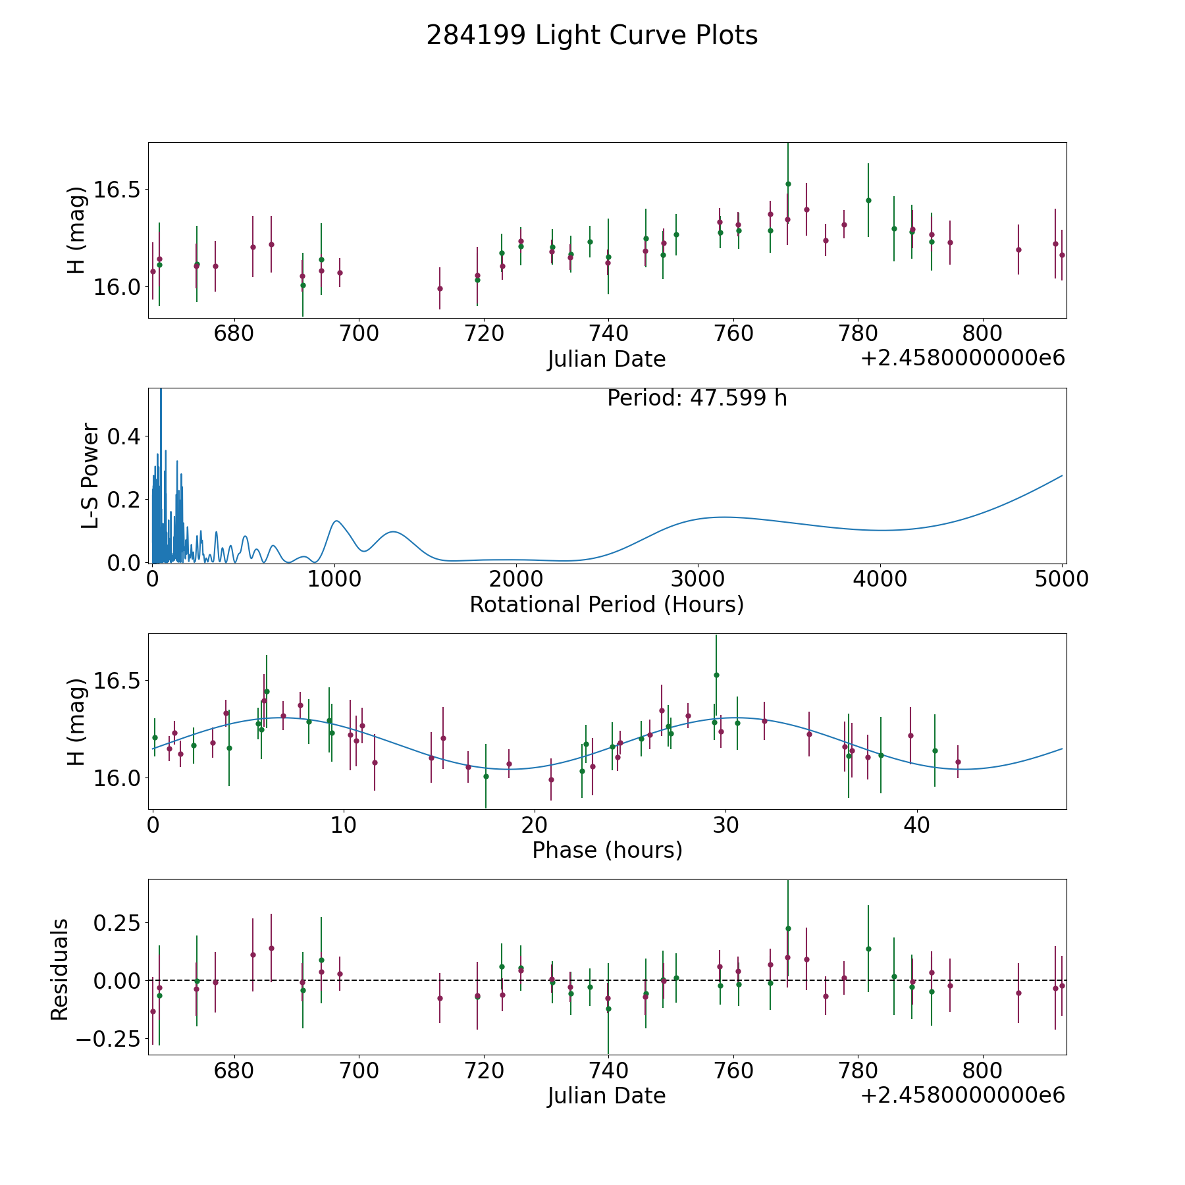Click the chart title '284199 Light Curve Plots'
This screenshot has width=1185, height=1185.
[x=592, y=36]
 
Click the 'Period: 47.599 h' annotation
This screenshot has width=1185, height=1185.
[x=697, y=398]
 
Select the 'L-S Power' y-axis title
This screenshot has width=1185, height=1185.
[x=90, y=475]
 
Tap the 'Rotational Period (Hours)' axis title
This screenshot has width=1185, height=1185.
[x=607, y=604]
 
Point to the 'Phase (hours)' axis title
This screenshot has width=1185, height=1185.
[x=607, y=850]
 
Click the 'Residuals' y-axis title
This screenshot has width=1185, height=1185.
[x=60, y=970]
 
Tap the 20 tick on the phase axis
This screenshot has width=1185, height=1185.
[x=534, y=825]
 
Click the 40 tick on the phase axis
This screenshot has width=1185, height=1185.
[x=915, y=825]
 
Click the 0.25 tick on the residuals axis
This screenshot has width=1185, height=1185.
[x=117, y=923]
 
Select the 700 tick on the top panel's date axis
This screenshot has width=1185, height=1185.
[x=359, y=334]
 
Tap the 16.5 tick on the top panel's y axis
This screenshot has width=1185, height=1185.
[x=117, y=190]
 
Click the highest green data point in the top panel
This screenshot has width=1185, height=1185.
[x=788, y=184]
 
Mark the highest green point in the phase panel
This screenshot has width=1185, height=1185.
[x=716, y=675]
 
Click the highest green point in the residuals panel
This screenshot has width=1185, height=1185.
[x=788, y=928]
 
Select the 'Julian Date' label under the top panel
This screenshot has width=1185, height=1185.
[x=607, y=359]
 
